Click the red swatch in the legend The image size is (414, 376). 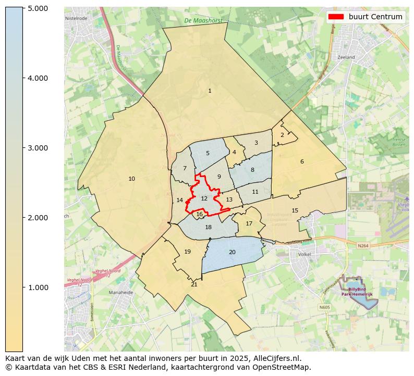coord(336,17)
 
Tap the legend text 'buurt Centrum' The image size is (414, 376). coord(375,17)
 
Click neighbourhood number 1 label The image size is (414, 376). coord(210,91)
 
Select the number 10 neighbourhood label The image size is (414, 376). coord(131,179)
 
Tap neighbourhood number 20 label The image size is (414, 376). coord(232,253)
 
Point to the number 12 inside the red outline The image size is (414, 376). coord(204,198)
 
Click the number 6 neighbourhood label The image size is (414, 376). coord(302,162)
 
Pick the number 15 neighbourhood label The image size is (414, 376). coord(295,211)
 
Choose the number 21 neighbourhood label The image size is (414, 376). coord(194,285)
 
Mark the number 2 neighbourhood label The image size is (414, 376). coord(282,135)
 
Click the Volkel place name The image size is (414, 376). coord(303,255)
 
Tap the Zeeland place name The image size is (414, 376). coord(346,57)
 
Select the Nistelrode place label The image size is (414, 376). coord(76,18)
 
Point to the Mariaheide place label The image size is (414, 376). coord(121,293)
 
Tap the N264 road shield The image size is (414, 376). coord(363,245)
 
